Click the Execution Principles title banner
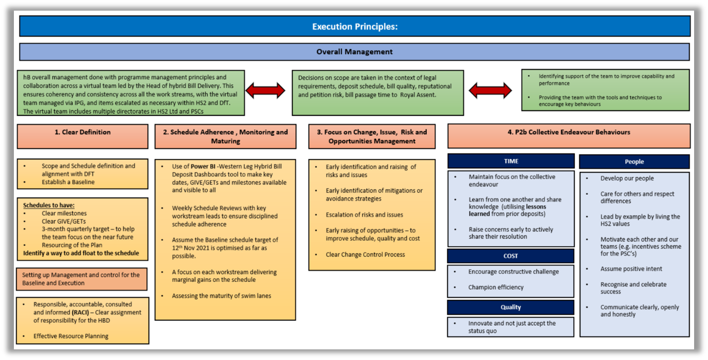click(355, 26)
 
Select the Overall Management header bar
click(355, 52)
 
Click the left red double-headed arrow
click(265, 90)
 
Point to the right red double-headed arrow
click(491, 90)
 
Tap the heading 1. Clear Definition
click(82, 132)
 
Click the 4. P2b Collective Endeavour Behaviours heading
click(569, 132)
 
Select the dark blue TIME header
click(511, 161)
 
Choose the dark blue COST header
click(511, 256)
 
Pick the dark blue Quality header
click(511, 307)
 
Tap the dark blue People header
click(634, 162)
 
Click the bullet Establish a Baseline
click(68, 182)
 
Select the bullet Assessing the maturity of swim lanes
click(221, 296)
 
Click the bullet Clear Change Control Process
click(365, 254)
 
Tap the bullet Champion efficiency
click(495, 287)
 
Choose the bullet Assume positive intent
click(631, 269)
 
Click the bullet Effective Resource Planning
click(71, 336)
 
